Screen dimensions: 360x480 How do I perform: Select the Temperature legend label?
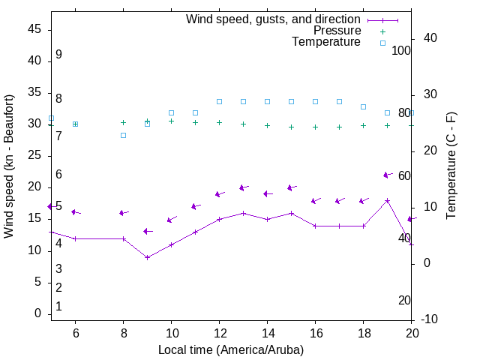326,42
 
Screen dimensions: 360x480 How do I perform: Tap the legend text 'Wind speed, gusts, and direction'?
273,19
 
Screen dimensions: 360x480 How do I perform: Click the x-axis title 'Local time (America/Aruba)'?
231,349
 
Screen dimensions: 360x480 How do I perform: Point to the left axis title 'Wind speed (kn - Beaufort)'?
9,166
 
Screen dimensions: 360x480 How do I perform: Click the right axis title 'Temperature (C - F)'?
451,166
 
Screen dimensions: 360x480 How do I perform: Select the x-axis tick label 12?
219,333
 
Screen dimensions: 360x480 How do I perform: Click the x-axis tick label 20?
411,333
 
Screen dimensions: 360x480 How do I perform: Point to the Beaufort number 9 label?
58,55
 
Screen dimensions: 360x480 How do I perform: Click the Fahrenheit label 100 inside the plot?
401,50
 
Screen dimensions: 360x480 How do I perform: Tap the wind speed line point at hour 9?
148,257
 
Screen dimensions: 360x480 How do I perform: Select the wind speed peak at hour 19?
387,200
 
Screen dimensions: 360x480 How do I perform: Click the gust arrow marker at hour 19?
387,175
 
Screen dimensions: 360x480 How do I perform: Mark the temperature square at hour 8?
124,135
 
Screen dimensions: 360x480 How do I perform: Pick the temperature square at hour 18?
363,107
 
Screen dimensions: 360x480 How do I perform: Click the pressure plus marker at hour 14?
267,126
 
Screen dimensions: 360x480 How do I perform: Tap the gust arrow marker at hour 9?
148,232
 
